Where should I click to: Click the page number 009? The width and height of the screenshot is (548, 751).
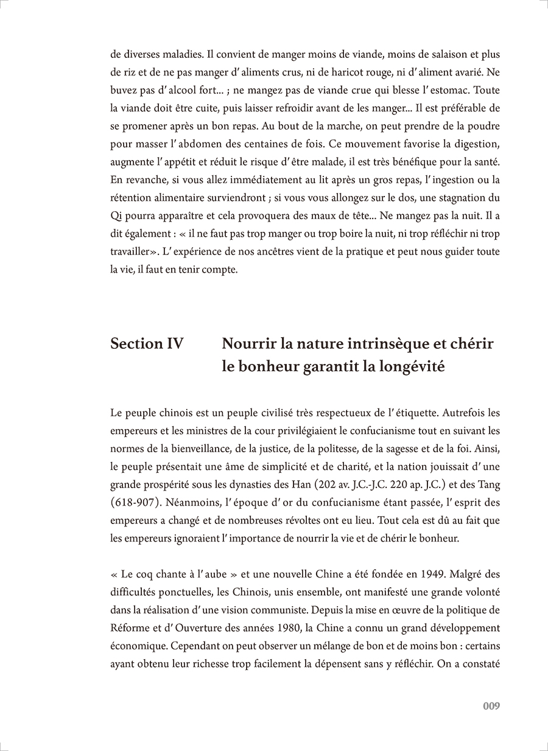point(491,706)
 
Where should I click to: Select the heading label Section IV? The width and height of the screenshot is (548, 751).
point(147,343)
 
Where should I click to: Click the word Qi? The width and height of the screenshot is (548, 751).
point(117,215)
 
